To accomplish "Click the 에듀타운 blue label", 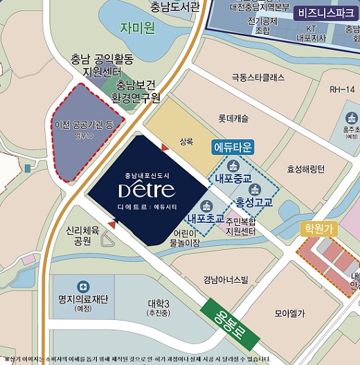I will (x=234, y=147).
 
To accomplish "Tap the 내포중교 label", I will (x=235, y=178).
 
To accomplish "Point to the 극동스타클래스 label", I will (x=258, y=78).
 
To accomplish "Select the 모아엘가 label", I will (x=289, y=313).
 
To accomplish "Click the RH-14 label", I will (x=341, y=89).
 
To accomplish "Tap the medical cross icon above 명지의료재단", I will (x=83, y=286).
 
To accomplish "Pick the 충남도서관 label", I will (x=174, y=8).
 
